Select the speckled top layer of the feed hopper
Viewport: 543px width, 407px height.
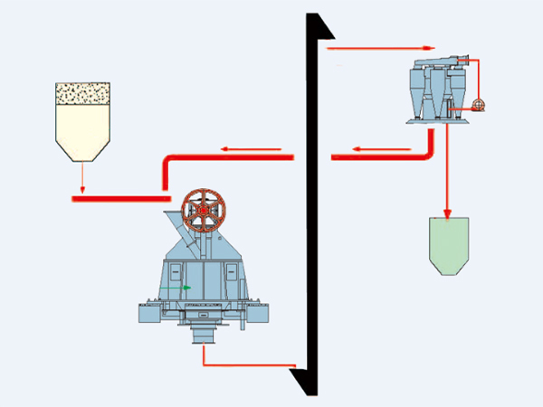(82, 91)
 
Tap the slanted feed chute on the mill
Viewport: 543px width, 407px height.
(181, 231)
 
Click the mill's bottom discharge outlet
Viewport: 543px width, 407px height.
(205, 336)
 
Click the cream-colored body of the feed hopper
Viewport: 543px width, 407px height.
(82, 127)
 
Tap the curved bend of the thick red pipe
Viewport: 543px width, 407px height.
(167, 163)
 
